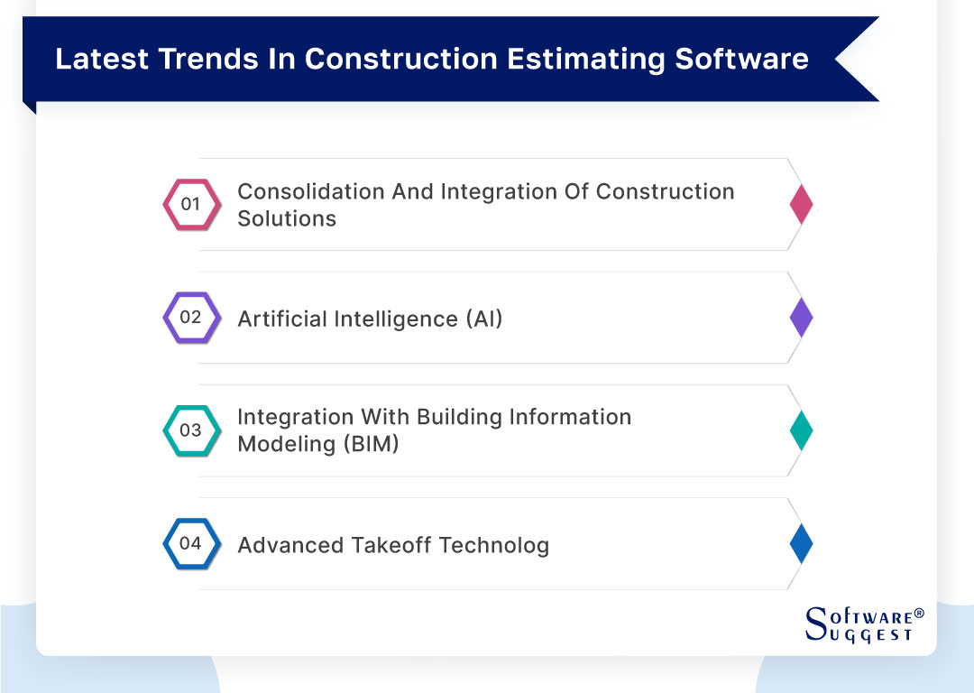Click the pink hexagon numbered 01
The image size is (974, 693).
coord(190,204)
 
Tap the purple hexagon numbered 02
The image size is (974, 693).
coord(190,318)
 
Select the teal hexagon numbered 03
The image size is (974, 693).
coord(190,430)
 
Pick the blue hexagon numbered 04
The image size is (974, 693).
coord(190,543)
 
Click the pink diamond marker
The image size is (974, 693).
coord(801,204)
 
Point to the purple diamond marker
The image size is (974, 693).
coord(801,318)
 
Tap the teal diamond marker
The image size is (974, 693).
coord(801,430)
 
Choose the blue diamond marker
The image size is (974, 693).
coord(801,543)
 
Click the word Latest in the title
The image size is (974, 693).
coord(101,59)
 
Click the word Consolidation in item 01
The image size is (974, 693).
coord(310,191)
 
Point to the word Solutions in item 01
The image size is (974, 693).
coord(287,218)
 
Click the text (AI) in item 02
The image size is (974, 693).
coord(484,319)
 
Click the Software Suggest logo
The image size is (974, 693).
coord(863,624)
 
